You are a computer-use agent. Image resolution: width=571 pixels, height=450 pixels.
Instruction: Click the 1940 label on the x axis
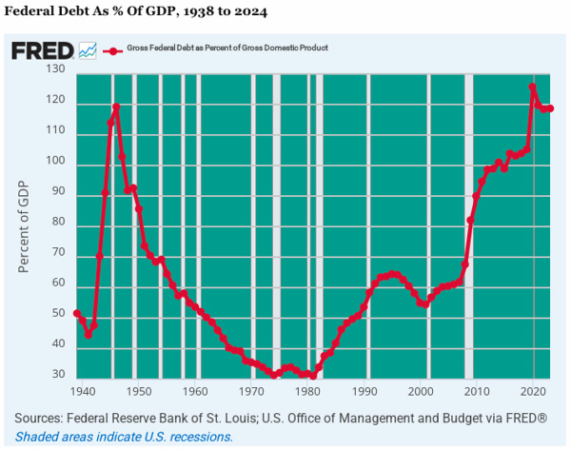coord(81,391)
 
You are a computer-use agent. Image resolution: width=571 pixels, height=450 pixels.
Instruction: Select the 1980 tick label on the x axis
coord(308,391)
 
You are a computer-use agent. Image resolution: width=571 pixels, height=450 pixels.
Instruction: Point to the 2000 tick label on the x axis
coord(422,391)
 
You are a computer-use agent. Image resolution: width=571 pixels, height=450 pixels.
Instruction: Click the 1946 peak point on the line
coord(116,107)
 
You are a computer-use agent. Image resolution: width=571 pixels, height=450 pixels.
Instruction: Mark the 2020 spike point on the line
coord(533,88)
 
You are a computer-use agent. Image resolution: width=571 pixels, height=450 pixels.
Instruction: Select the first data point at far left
coord(77,313)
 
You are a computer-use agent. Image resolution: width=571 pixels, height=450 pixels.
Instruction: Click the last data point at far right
coord(550,108)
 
